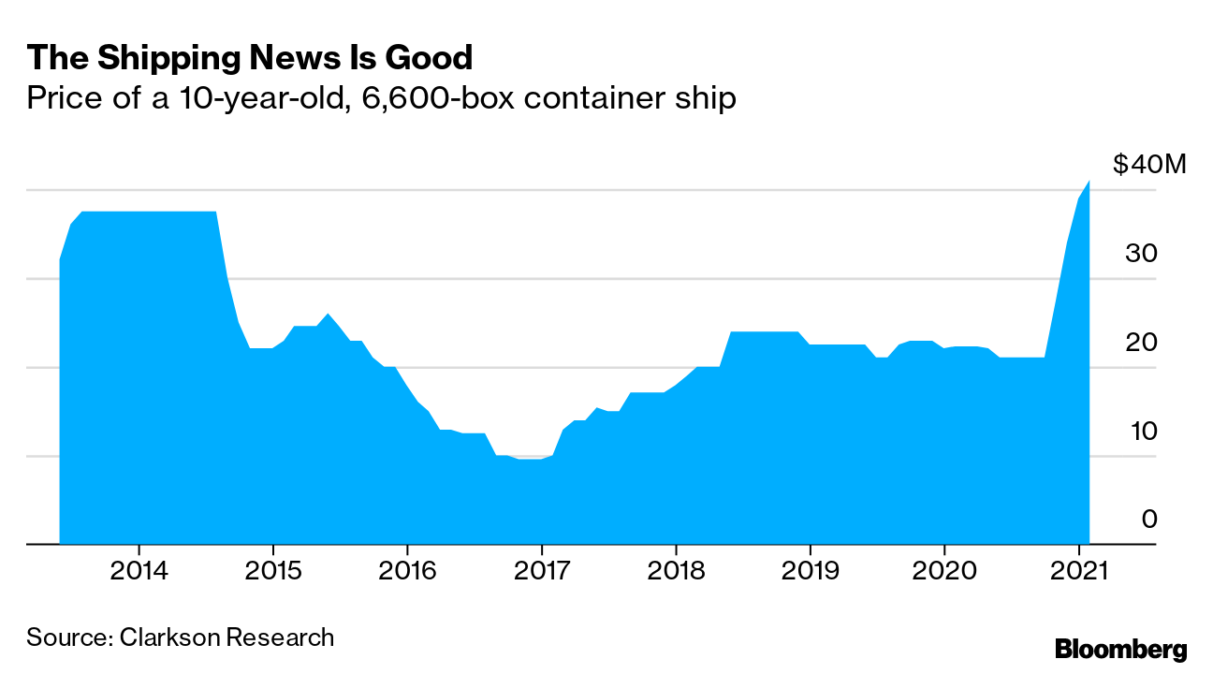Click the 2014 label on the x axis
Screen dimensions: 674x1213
click(x=139, y=571)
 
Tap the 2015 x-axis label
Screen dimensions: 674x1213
click(x=272, y=571)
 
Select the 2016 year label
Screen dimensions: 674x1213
click(x=407, y=571)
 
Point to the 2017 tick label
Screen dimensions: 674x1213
click(x=541, y=571)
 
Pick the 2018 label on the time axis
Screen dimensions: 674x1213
click(x=676, y=571)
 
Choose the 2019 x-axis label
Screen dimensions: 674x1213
click(x=810, y=571)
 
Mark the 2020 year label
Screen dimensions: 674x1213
click(x=944, y=571)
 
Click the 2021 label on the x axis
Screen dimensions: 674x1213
click(x=1078, y=571)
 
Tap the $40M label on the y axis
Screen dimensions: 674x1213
click(x=1149, y=166)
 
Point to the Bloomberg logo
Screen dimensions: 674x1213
click(x=1120, y=650)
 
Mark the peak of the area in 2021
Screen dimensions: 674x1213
click(x=1089, y=182)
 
